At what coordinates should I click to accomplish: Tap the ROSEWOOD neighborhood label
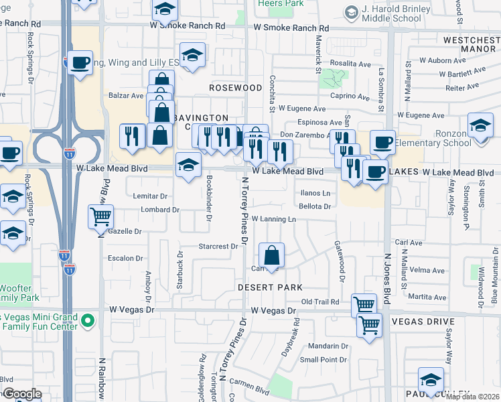(235, 88)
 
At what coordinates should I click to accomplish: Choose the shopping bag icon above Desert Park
(271, 256)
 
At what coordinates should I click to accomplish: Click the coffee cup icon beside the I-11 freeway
(80, 64)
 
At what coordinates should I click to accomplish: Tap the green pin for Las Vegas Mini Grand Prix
(86, 322)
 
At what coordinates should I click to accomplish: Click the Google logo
(21, 394)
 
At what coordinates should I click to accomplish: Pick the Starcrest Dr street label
(218, 247)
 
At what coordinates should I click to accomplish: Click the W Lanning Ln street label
(273, 219)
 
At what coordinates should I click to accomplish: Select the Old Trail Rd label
(320, 302)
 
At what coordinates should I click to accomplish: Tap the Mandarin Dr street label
(324, 346)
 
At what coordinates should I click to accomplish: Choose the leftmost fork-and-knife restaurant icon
(132, 136)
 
